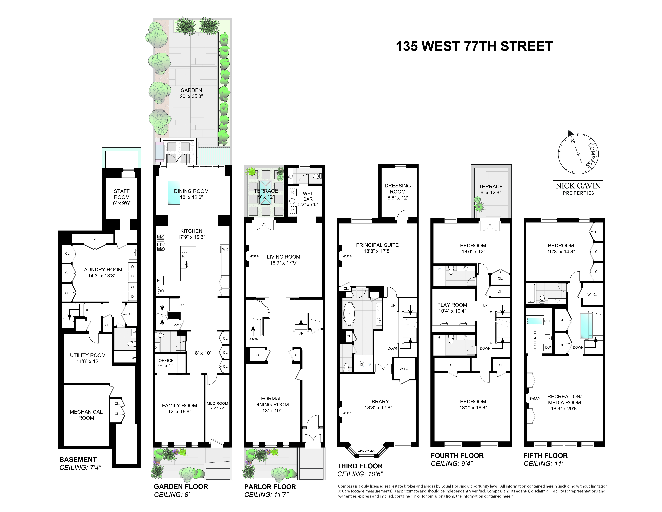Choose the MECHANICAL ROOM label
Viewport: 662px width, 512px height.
(86, 415)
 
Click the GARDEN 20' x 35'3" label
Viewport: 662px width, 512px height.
(191, 93)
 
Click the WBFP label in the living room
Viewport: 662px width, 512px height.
(254, 256)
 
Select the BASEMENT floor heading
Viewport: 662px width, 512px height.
(78, 459)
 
